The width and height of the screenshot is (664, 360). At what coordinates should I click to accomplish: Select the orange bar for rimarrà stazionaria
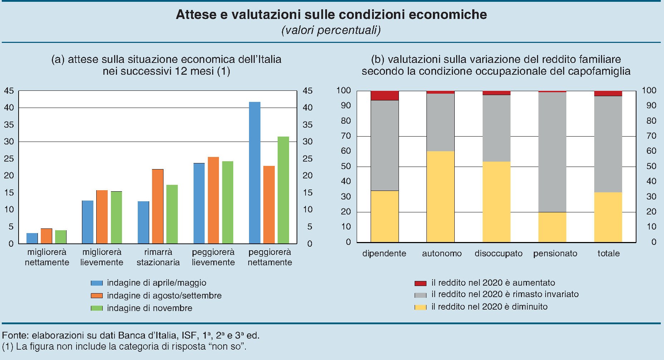(158, 206)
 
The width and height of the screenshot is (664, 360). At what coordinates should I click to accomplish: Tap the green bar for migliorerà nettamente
(61, 237)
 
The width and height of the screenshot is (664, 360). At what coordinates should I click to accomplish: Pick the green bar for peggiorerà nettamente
(283, 190)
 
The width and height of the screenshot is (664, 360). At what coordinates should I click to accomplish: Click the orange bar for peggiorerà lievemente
(213, 200)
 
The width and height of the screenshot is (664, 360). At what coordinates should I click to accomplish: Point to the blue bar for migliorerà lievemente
(88, 222)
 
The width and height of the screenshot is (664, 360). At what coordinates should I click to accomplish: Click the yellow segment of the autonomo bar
(440, 197)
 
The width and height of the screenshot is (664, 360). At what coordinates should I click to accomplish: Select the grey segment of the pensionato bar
(552, 152)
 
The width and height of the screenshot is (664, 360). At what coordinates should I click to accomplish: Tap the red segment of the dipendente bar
(385, 95)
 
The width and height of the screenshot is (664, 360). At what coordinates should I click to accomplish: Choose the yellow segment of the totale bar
(608, 217)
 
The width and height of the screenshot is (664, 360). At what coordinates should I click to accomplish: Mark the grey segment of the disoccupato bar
(496, 128)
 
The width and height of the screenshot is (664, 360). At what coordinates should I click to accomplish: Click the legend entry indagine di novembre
(149, 308)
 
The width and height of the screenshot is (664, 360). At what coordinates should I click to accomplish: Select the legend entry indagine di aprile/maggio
(156, 283)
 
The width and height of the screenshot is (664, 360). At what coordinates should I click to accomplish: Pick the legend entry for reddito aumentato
(493, 283)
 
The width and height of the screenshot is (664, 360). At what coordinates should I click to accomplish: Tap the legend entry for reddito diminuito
(489, 307)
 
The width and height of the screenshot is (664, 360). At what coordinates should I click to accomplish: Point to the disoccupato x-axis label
(498, 253)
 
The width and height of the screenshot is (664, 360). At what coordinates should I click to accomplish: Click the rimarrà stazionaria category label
(158, 257)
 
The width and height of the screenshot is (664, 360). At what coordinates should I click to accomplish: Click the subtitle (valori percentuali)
(331, 30)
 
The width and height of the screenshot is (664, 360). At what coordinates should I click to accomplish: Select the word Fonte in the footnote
(15, 335)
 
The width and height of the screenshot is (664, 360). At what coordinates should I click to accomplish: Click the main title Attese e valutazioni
(331, 14)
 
